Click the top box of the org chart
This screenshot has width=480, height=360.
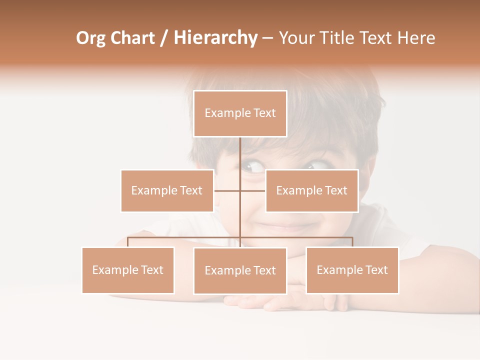coord(240,113)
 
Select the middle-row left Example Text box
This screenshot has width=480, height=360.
coord(167,190)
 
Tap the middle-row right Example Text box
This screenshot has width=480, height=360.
coord(311,190)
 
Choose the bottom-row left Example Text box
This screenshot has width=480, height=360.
coord(128,270)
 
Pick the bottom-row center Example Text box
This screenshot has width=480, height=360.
coord(240,270)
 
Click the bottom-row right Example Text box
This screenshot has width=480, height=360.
coord(352,270)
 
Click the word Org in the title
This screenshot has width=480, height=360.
coord(90,38)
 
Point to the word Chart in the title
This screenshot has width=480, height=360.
coord(132,38)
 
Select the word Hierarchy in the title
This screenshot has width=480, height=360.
coord(215,38)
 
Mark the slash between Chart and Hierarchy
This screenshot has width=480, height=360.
coord(164,38)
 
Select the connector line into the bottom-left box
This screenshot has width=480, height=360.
coord(128,242)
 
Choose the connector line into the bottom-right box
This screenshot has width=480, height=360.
coord(352,242)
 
